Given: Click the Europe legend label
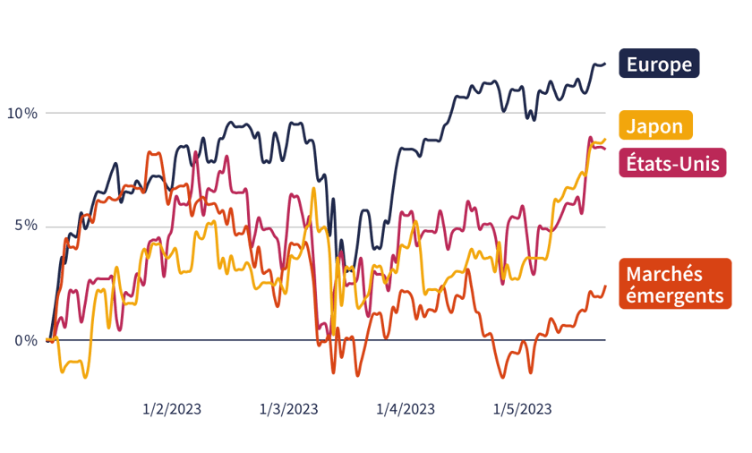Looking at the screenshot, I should (659, 64).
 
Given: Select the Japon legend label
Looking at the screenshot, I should (654, 126).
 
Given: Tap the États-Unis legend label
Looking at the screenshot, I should (673, 163).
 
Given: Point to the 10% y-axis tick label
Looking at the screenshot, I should (21, 113).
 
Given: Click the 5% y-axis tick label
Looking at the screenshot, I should (25, 226).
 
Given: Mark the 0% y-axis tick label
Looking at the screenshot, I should (25, 340).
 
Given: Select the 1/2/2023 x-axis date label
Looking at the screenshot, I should (172, 409).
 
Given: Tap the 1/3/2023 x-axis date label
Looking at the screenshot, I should (288, 409).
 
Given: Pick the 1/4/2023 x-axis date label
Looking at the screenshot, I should (405, 409).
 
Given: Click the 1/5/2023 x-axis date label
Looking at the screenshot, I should (522, 409).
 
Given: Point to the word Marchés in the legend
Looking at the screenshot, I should (664, 274).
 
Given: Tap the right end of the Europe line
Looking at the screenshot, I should (605, 64).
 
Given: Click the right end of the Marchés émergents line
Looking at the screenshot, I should (605, 286).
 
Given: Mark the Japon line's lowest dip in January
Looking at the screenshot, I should (86, 377).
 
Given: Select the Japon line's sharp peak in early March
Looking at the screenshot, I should (313, 188).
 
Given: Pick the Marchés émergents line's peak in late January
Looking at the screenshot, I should (153, 153).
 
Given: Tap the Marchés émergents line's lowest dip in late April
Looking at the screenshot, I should (500, 377).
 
